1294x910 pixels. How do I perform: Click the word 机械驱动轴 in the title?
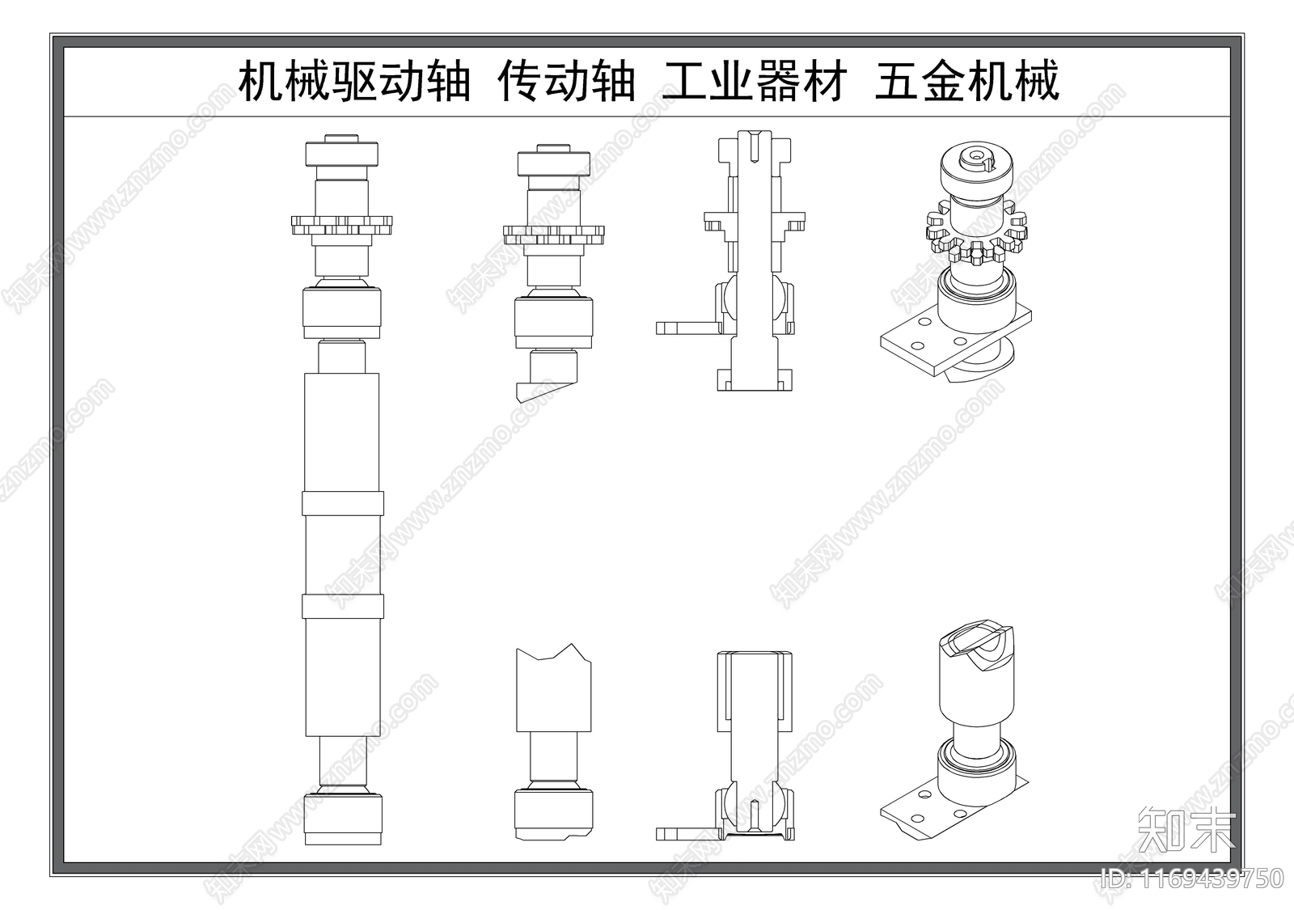[354, 83]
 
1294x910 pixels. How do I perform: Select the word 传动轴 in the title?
[566, 83]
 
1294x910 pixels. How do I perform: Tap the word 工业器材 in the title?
[755, 83]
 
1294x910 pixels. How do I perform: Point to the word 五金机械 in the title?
[966, 83]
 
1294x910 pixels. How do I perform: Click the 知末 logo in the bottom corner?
[1186, 828]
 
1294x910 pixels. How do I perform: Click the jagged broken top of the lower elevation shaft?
[554, 654]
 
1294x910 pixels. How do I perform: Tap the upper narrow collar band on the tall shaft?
[341, 502]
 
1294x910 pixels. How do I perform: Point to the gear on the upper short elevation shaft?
[554, 235]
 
